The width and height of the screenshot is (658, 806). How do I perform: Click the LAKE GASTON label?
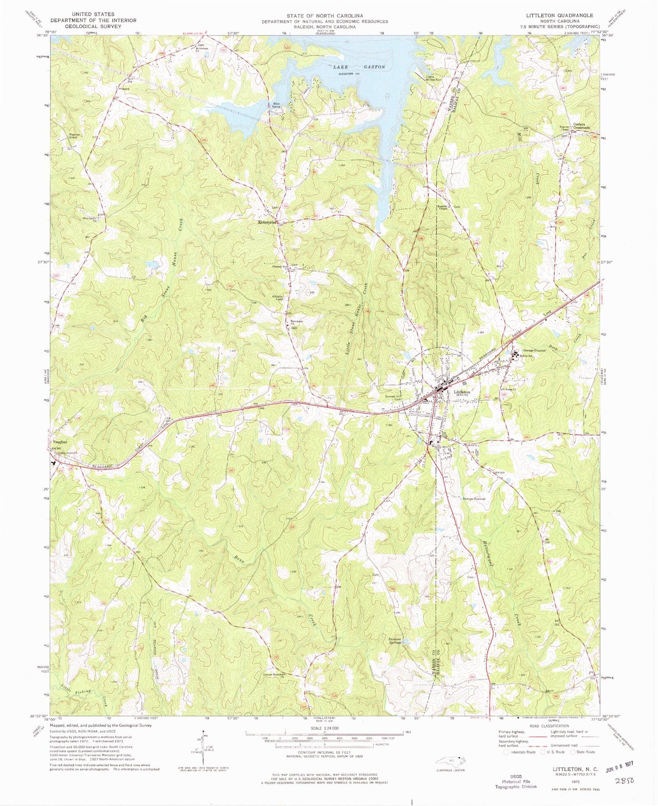point(358,67)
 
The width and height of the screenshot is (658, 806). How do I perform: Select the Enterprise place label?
point(267,222)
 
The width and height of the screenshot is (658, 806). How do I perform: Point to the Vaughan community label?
point(60,442)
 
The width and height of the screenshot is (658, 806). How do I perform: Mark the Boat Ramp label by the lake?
point(276,105)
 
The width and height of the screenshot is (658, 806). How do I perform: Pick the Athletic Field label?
point(278,298)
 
